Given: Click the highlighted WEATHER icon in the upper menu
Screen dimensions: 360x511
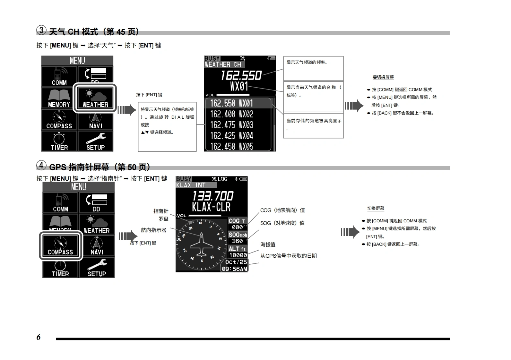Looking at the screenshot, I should coord(95,98).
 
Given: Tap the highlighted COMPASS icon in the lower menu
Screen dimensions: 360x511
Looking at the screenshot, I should coord(60,246).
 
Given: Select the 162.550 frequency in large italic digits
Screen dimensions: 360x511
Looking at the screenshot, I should coord(241,75).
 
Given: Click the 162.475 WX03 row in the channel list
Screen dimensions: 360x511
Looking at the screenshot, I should coord(231,125).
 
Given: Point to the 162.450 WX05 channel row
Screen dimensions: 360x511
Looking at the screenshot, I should coord(231,146).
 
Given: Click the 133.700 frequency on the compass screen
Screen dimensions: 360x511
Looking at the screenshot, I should coord(213,196).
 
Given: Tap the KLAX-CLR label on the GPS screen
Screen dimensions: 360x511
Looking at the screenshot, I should coord(211,207).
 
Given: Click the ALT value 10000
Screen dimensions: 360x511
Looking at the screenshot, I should coord(238,255).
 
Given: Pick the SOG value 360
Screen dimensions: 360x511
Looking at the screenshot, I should coord(238,241).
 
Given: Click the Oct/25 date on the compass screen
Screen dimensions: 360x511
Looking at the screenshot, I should coord(236,262).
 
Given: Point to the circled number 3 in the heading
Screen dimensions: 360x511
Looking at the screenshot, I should coord(41,30).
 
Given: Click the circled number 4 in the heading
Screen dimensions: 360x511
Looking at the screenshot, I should coord(41,166).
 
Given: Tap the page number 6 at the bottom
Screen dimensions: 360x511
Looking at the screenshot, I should coord(39,337).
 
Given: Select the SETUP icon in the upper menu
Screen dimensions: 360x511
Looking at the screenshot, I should coord(95,141).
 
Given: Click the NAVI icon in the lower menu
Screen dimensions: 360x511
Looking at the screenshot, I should coord(97,246).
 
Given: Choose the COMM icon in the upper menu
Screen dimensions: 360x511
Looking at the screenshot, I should coord(59,77).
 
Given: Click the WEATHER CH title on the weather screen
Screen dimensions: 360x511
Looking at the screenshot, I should coord(223,64).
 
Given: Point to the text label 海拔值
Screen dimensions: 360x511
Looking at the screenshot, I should coord(268,244).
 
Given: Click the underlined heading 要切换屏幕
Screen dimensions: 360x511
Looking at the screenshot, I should coord(383,77).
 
